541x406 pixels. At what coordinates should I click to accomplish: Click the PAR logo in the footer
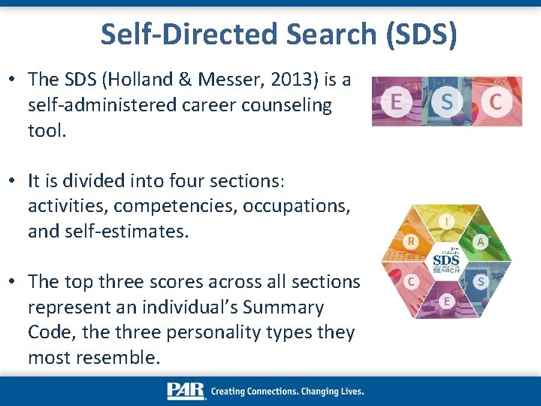tap(186, 391)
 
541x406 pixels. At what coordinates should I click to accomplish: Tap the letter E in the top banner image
tap(396, 101)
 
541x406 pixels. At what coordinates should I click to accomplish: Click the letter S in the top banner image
tap(447, 101)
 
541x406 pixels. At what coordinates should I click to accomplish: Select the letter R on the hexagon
tap(411, 241)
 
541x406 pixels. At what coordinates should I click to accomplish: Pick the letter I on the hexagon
tap(446, 221)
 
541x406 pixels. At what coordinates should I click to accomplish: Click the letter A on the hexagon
tap(482, 241)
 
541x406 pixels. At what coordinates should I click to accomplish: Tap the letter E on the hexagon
tap(446, 301)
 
